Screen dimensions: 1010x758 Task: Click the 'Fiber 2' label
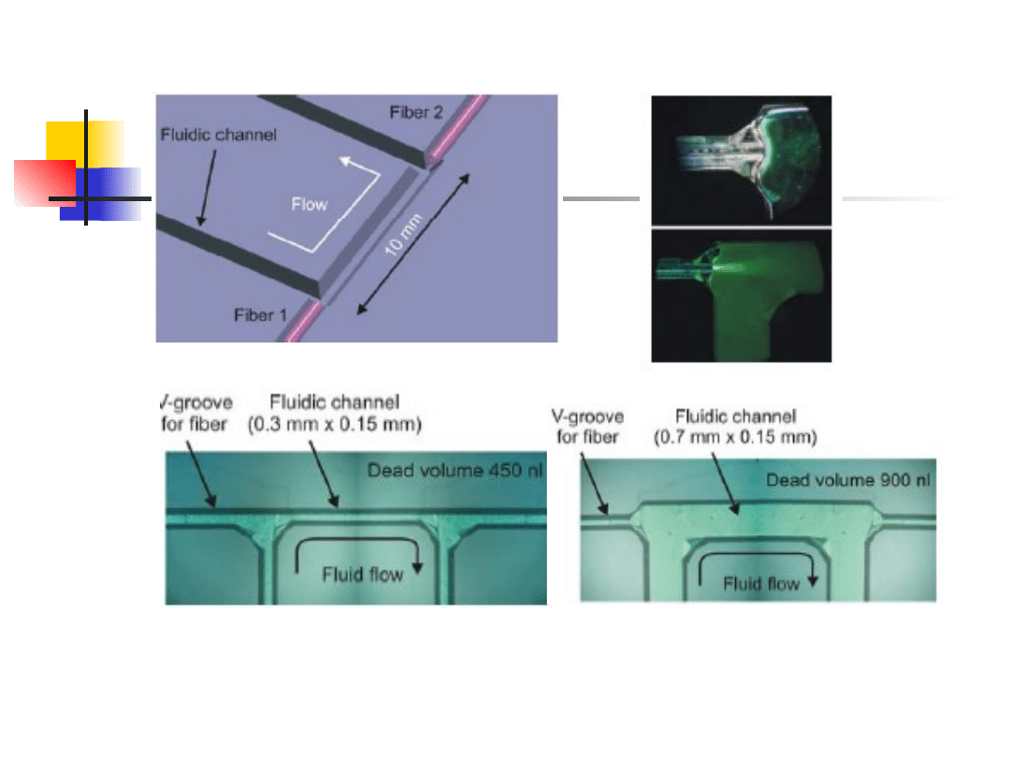point(416,113)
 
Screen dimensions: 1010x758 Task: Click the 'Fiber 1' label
point(260,315)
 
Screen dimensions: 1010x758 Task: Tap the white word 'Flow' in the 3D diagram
point(310,204)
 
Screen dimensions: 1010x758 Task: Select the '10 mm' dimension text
point(403,235)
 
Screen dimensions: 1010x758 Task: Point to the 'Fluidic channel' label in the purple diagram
point(218,135)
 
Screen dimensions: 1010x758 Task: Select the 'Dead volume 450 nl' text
point(454,471)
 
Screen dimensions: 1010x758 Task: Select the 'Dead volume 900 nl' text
point(847,480)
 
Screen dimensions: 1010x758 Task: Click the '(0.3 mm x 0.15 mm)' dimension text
point(334,425)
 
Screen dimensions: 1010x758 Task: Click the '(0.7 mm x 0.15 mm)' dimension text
point(735,438)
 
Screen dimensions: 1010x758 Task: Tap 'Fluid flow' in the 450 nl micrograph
point(363,575)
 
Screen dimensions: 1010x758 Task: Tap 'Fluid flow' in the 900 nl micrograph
point(760,584)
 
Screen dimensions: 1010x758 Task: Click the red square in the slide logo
point(45,183)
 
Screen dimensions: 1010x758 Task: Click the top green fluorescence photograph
point(742,161)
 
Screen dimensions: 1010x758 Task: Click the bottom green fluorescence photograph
point(742,296)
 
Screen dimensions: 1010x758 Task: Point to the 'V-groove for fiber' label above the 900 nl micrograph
point(587,427)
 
